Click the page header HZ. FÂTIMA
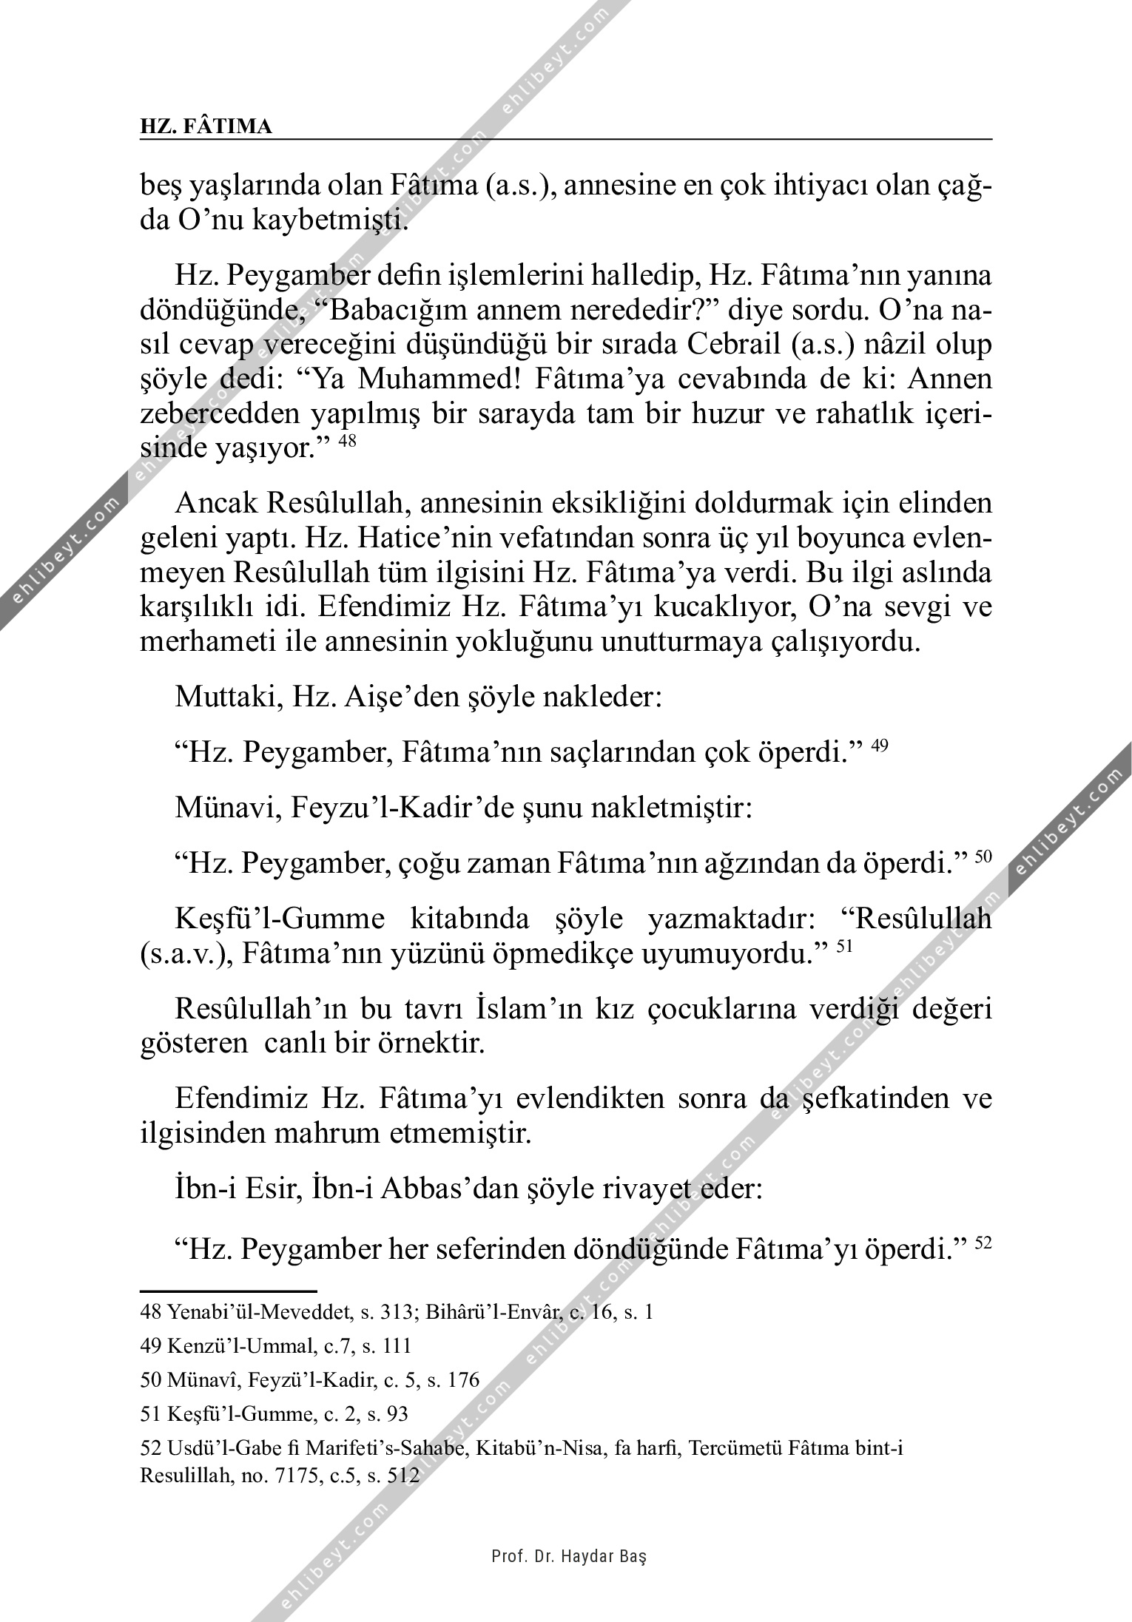pos(206,127)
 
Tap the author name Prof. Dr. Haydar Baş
pos(569,1556)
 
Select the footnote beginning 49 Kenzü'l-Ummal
pos(275,1347)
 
